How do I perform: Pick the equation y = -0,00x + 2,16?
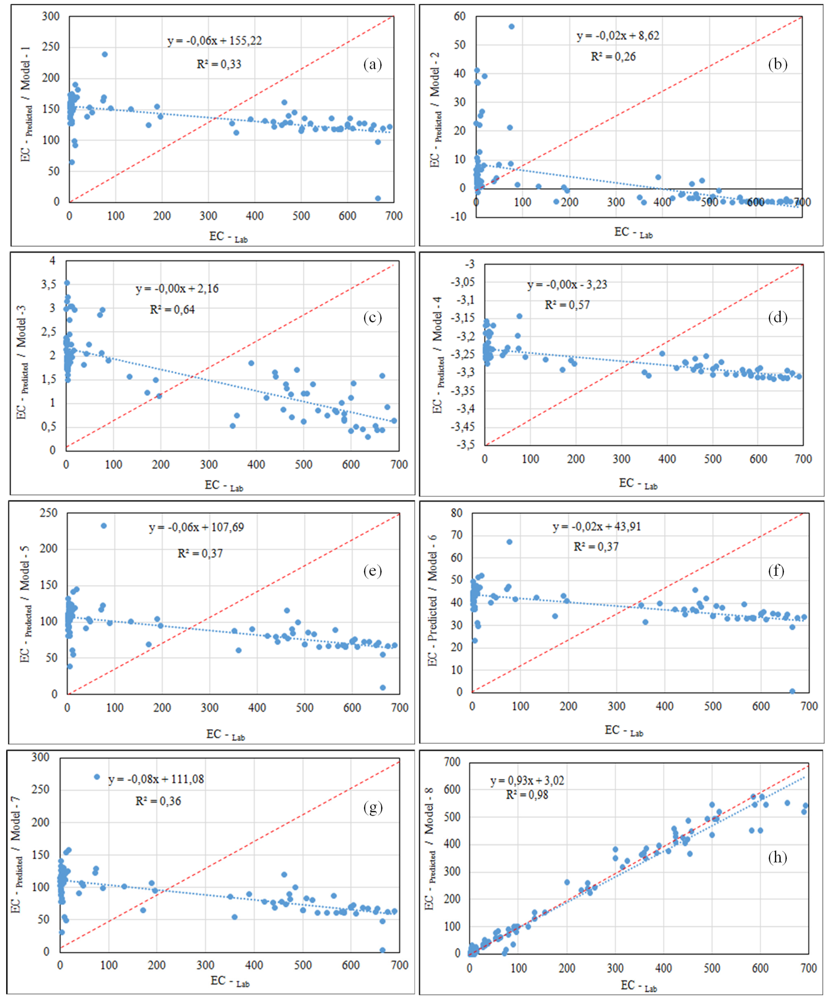(x=177, y=289)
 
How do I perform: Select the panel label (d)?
(x=777, y=317)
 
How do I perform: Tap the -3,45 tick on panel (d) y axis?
(x=462, y=426)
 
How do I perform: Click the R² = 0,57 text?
(x=567, y=305)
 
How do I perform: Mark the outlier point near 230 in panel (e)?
(x=103, y=526)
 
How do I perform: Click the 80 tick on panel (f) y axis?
(x=457, y=513)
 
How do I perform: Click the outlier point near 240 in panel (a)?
(x=105, y=54)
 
